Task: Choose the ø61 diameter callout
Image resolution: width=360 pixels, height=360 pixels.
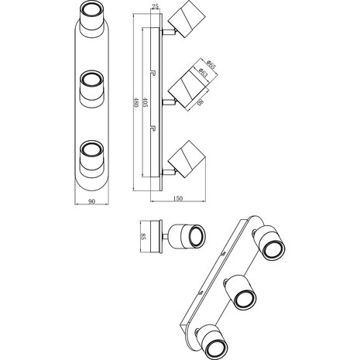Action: tap(201, 73)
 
